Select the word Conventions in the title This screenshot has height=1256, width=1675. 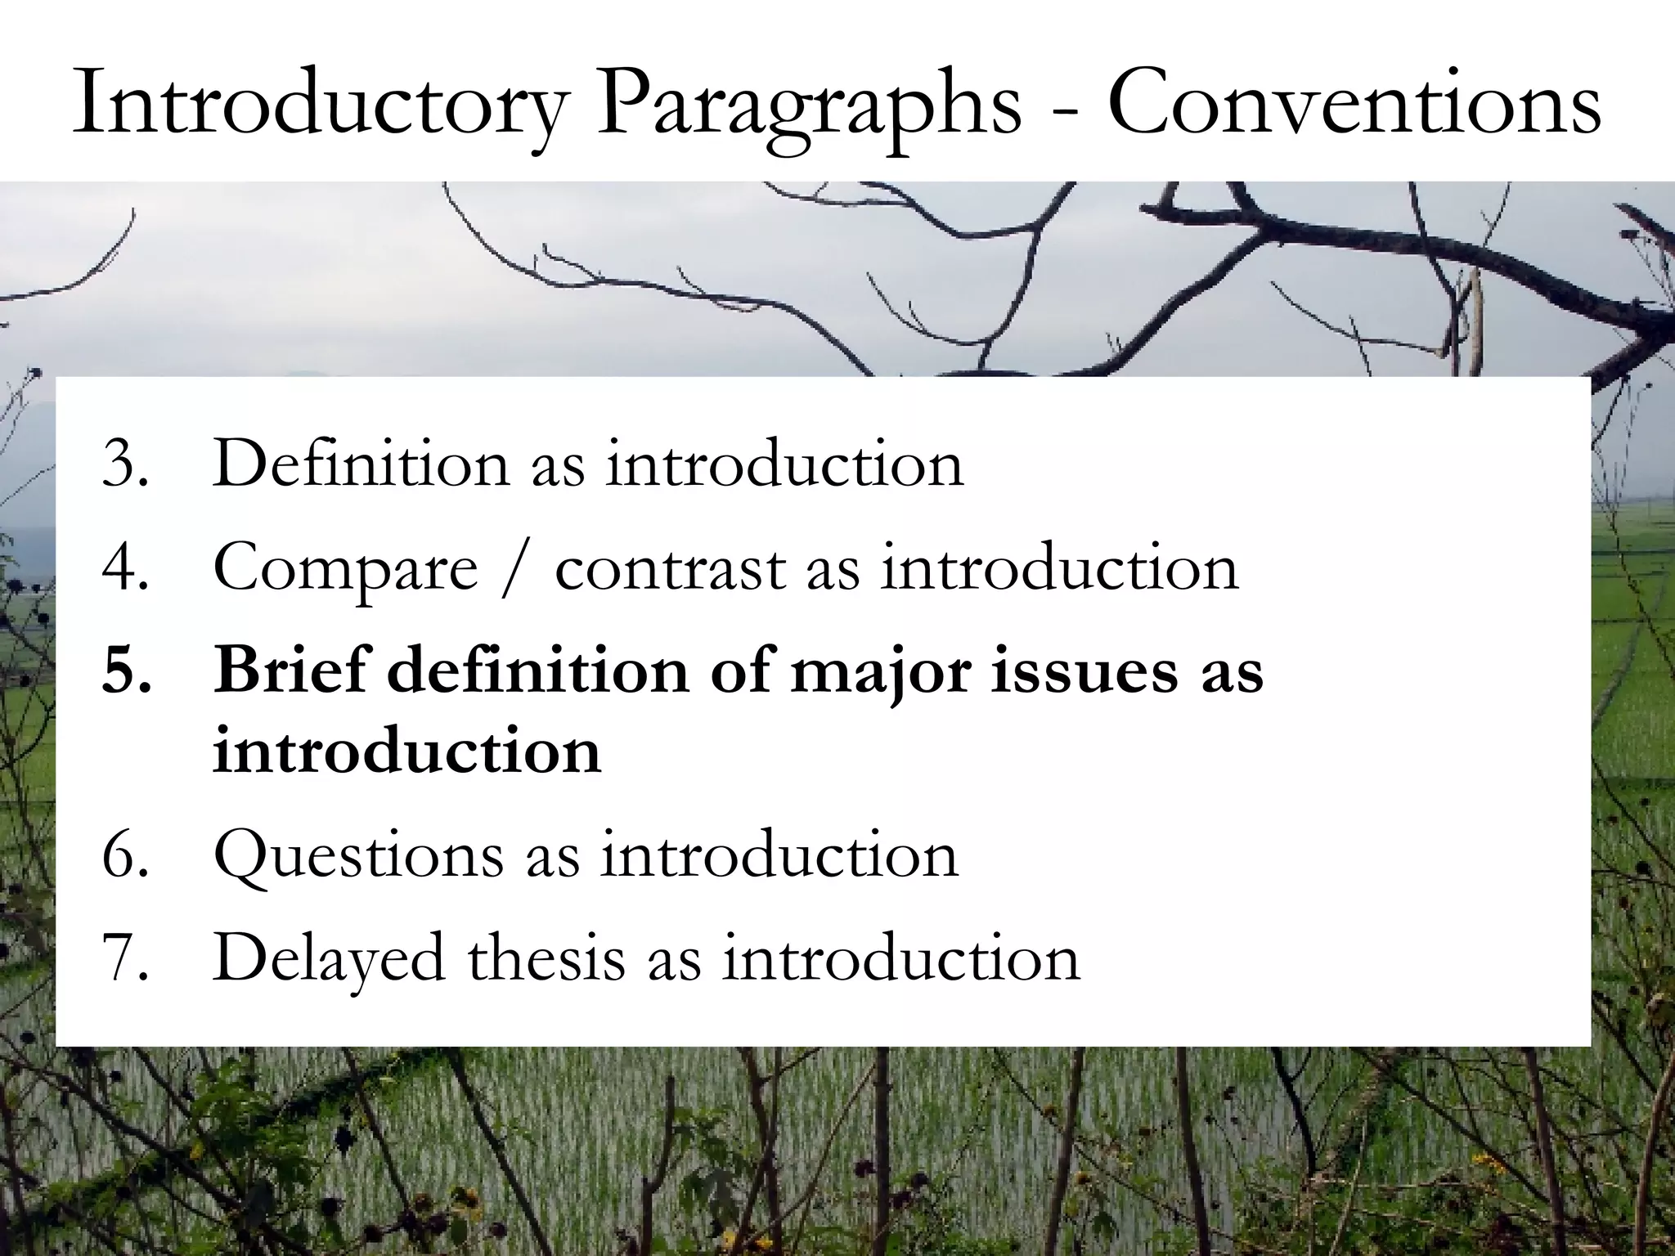[x=1354, y=106]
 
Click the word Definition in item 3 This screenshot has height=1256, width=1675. [x=360, y=464]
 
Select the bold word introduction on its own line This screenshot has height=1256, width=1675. [x=406, y=751]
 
